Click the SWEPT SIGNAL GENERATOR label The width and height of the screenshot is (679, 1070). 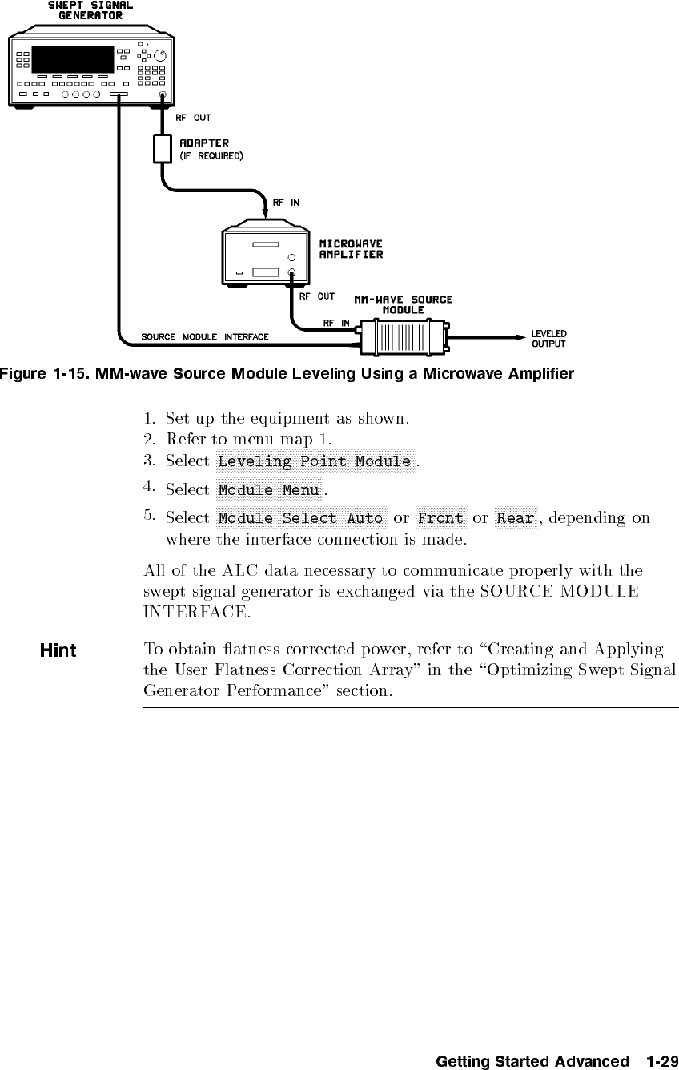[x=90, y=10]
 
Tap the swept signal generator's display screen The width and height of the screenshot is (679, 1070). [x=72, y=58]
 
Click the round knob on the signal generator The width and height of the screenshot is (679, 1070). [x=162, y=55]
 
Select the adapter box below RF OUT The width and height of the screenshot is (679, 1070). [x=162, y=148]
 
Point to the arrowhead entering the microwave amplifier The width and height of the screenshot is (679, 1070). [x=267, y=210]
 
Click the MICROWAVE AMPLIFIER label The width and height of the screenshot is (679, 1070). [x=351, y=249]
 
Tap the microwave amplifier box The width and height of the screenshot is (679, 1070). [x=263, y=257]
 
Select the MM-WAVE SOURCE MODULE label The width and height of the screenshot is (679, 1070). [x=404, y=304]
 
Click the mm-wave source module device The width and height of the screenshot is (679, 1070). [x=404, y=337]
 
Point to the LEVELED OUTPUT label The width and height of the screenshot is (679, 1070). [x=549, y=338]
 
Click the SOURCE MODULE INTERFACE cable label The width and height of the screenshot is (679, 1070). [x=205, y=336]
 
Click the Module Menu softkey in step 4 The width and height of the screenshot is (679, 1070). [x=269, y=489]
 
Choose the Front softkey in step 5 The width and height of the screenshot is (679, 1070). [x=440, y=518]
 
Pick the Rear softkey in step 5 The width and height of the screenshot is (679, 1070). [x=514, y=518]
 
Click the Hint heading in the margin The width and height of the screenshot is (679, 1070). [x=58, y=650]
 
